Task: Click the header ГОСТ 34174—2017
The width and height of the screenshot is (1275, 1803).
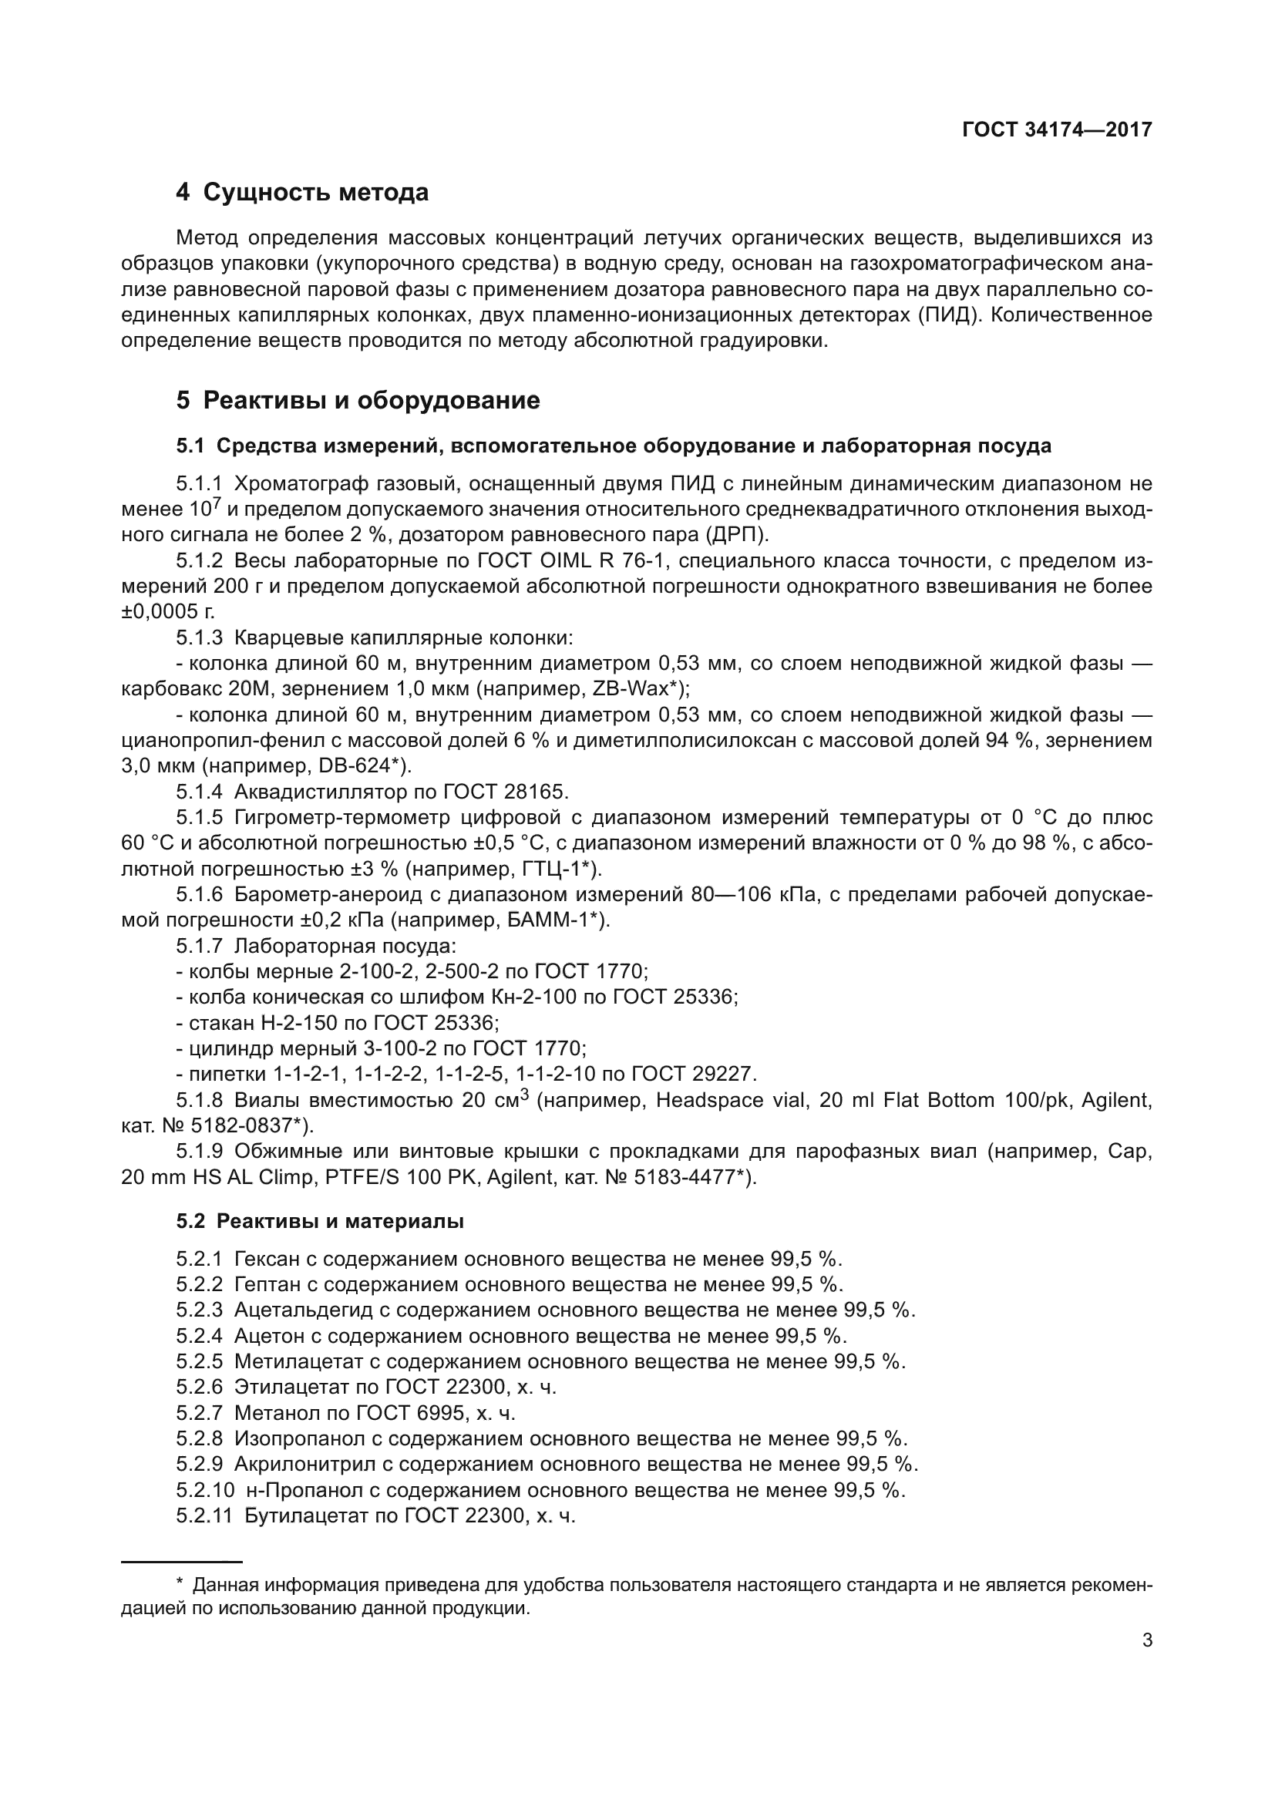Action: coord(1057,130)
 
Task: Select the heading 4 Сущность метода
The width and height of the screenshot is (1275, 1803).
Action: coord(302,193)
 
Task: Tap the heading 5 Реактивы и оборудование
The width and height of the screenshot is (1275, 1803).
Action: coord(358,401)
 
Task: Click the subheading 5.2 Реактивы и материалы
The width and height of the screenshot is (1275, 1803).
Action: coord(320,1221)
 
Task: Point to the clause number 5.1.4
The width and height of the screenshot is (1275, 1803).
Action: coord(200,792)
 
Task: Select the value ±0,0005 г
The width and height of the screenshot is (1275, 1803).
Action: coord(167,612)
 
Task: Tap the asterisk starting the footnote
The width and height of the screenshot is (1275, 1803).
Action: coord(180,1585)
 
